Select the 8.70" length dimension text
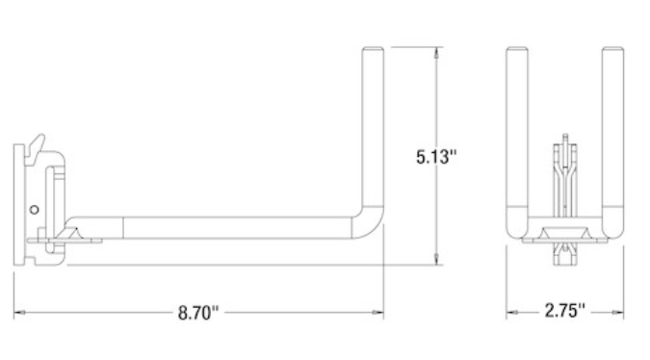point(198,313)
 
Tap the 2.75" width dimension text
point(564,313)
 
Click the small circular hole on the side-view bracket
point(35,208)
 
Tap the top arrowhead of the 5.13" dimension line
point(439,50)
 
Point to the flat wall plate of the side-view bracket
point(18,203)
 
